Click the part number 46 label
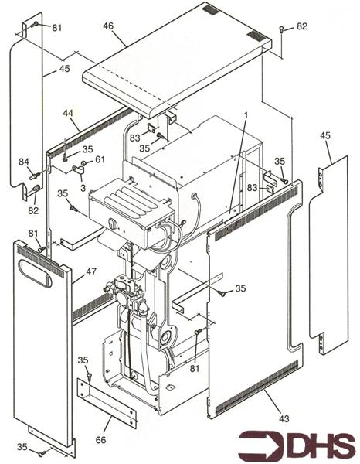pos(108,26)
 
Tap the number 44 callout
pos(68,113)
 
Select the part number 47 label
pos(91,271)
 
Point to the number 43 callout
pos(284,418)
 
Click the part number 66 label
pos(100,440)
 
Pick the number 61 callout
pos(100,159)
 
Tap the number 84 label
pos(24,162)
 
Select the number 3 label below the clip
pos(83,188)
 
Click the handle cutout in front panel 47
pos(36,274)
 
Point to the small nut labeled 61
pos(83,162)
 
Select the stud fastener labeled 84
pos(35,176)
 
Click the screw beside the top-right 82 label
pos(281,29)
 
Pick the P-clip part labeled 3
pos(78,169)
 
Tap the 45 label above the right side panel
pos(325,136)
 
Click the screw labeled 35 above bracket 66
pos(90,376)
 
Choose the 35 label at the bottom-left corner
pos(22,447)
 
